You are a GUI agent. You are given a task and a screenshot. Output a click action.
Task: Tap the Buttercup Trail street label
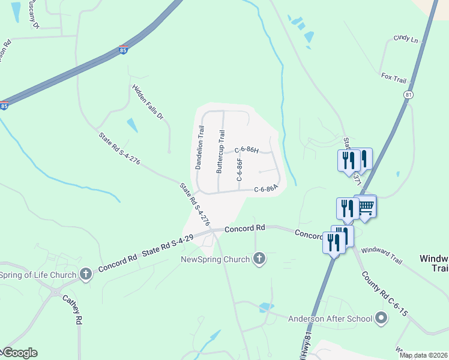221,151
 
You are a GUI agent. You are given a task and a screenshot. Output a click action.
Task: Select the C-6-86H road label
246,149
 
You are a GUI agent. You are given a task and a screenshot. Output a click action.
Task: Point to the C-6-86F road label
239,170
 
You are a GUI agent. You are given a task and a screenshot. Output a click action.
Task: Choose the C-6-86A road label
266,189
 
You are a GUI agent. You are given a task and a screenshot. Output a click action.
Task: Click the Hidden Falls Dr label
147,101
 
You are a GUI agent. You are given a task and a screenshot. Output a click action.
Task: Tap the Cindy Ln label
405,38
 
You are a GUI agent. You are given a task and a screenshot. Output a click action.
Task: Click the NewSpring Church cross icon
259,259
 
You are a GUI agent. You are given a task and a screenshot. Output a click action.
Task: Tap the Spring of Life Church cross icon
85,275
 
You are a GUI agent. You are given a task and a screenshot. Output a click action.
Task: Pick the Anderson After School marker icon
380,318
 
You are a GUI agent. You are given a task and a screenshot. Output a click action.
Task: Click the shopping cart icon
366,207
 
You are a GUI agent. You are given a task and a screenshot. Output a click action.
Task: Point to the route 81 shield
408,95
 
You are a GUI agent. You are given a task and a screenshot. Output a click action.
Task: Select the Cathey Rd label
72,310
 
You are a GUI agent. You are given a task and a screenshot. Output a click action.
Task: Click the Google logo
19,353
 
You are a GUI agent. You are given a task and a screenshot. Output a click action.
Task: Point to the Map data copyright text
423,355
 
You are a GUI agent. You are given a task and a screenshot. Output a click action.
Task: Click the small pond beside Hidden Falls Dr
131,125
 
